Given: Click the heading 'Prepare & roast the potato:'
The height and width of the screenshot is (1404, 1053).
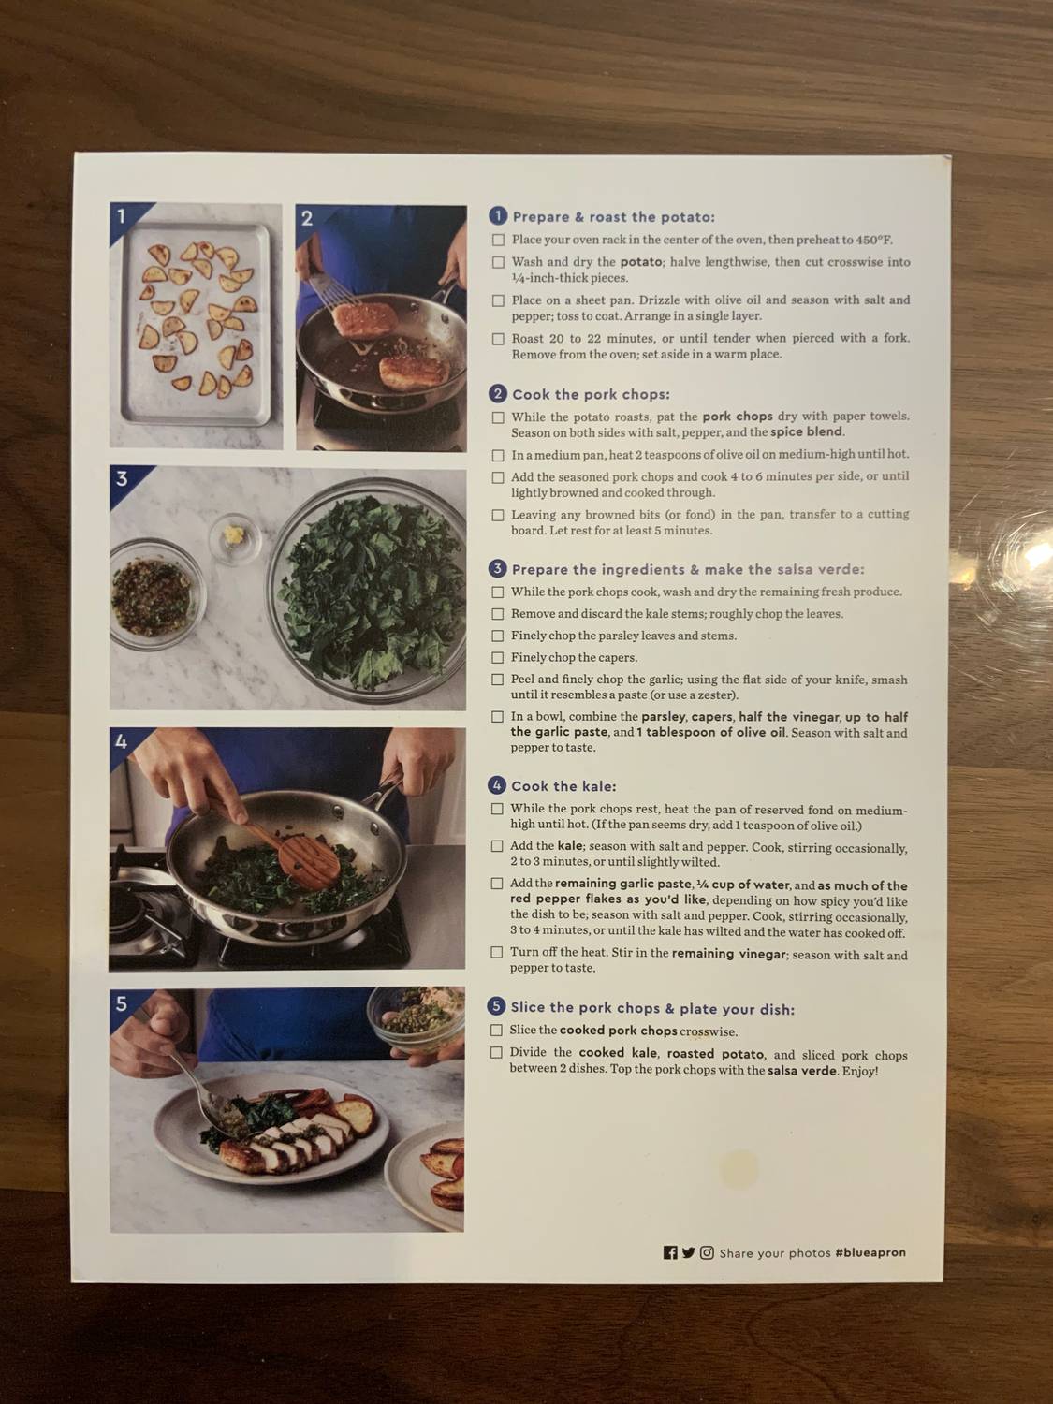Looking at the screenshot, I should coord(613,217).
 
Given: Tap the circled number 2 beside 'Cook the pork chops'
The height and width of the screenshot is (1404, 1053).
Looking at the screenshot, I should coord(498,394).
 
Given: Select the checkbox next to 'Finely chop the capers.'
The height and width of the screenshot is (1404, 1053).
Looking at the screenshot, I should coord(498,658).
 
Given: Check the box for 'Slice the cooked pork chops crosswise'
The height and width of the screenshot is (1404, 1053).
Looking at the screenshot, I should coord(497,1031).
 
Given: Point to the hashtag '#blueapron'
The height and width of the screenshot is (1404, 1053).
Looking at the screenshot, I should coord(870,1252).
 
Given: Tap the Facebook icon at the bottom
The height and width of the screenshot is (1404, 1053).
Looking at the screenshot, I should coord(670,1253).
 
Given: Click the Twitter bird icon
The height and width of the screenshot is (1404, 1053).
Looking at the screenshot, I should coord(688,1253).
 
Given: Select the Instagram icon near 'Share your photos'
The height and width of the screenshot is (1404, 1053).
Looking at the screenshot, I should coord(707,1253).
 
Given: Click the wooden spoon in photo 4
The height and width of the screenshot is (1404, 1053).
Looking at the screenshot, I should coord(297,851).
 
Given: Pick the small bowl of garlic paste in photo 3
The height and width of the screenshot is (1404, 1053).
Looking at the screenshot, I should coord(234,536).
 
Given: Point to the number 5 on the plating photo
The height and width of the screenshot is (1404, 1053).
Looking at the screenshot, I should coord(122,1004).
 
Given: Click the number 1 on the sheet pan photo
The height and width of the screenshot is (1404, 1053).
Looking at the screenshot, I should coord(121,217).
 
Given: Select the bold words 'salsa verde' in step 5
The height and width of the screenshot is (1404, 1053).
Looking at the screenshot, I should coord(801,1071).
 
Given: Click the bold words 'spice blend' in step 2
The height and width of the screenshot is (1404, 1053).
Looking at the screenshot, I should coord(807,432).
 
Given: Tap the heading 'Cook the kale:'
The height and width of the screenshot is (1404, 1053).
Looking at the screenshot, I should coord(563,786).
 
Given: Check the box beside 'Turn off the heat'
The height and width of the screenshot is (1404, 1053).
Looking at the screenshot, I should coord(497,953).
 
